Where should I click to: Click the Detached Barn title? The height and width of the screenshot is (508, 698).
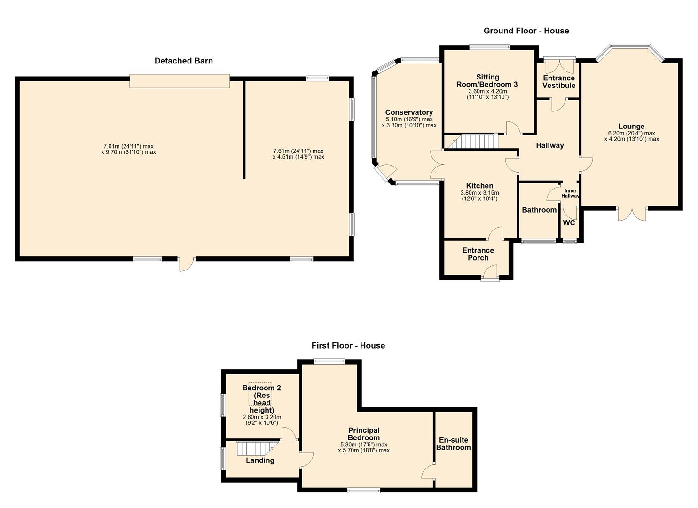(183, 61)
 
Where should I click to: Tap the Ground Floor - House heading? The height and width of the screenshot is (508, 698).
(526, 31)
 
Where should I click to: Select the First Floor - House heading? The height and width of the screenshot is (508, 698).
(348, 346)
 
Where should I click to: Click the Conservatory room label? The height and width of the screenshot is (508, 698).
(409, 112)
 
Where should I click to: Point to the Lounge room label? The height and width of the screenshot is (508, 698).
(631, 127)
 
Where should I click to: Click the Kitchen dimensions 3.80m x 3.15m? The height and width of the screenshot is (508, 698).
(479, 193)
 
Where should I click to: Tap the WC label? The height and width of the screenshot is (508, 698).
(569, 223)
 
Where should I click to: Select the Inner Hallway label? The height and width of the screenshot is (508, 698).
(570, 193)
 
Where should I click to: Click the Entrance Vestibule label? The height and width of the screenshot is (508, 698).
(559, 82)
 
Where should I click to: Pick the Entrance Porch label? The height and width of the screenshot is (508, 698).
(478, 254)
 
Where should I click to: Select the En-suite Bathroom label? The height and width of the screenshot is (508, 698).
(454, 444)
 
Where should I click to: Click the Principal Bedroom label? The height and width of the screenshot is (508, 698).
(364, 434)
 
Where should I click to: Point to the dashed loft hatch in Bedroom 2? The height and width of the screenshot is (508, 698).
(260, 394)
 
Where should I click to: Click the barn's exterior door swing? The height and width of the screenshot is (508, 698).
(186, 265)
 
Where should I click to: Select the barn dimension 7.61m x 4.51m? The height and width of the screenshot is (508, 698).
(298, 154)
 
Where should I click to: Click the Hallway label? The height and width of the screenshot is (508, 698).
(549, 145)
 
